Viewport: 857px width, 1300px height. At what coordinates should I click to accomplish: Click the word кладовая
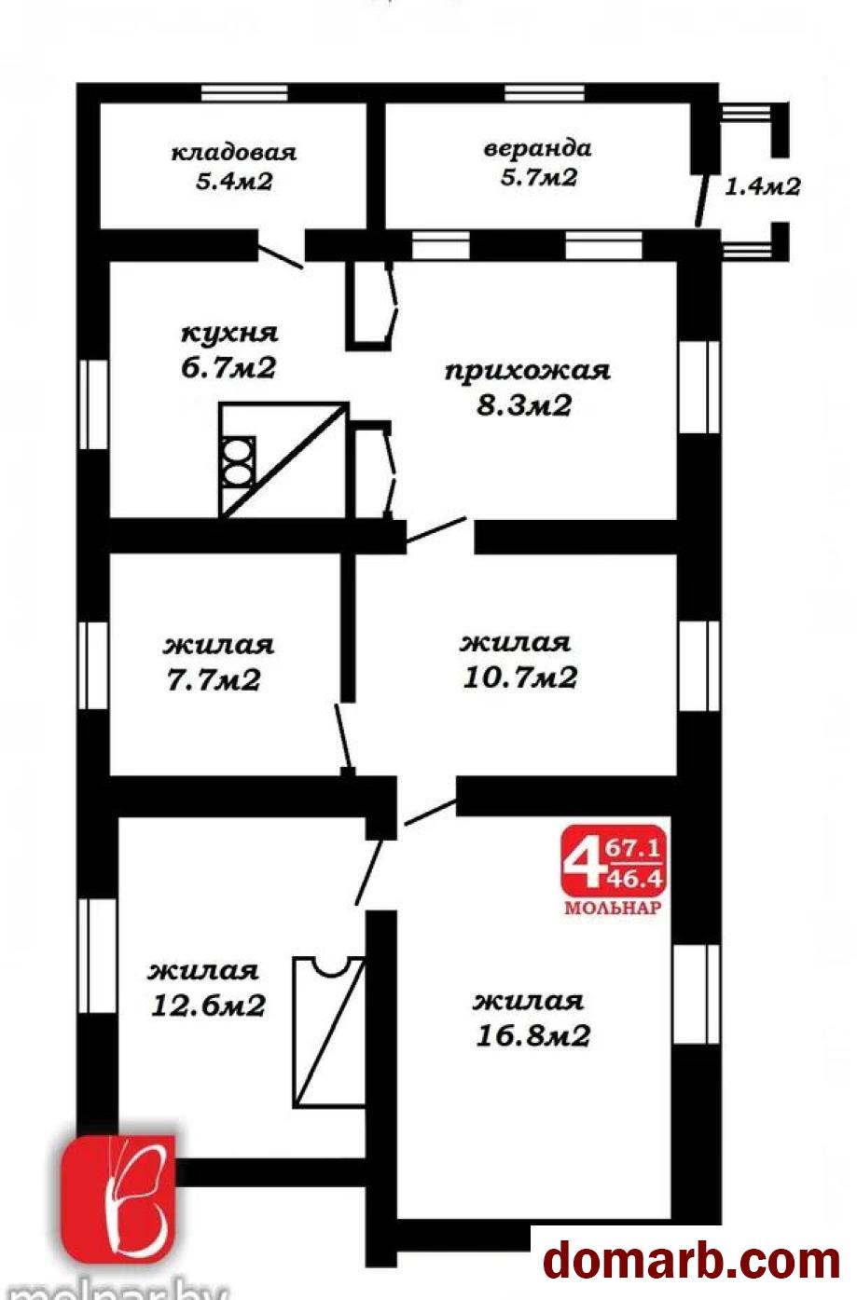(234, 153)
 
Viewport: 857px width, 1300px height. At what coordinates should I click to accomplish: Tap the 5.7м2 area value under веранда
(539, 177)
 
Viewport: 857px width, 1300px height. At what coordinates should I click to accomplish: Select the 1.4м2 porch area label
(763, 186)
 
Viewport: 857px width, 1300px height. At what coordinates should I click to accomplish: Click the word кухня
(230, 335)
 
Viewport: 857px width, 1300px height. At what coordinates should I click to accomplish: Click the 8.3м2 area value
(524, 405)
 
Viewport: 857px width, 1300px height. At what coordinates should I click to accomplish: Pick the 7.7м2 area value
(214, 680)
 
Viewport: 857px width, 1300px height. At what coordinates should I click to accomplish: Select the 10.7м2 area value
(520, 677)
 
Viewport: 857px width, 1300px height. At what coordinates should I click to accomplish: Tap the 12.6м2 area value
(208, 1006)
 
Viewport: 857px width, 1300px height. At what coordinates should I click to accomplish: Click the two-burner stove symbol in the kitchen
(237, 461)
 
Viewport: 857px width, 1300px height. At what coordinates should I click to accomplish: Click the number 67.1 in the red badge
(633, 849)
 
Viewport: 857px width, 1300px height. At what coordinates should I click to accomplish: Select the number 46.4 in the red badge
(634, 880)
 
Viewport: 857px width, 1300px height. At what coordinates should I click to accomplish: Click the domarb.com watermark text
(692, 1259)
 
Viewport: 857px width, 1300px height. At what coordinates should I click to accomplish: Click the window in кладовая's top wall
(244, 93)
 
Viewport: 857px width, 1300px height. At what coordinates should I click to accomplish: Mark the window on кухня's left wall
(93, 404)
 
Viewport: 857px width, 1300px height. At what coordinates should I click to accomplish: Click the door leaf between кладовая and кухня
(281, 256)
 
